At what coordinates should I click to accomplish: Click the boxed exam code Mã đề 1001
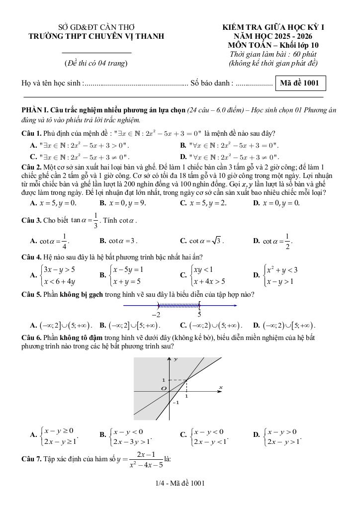click(300, 83)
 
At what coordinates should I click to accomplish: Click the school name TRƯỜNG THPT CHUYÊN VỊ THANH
click(96, 36)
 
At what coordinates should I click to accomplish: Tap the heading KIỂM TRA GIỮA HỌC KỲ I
click(273, 27)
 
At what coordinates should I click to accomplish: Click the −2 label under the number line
click(156, 315)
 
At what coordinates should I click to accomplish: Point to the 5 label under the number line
click(199, 315)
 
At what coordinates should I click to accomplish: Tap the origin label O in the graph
click(162, 388)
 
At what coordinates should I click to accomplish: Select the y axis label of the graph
click(176, 358)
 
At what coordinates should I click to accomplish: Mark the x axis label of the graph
click(220, 387)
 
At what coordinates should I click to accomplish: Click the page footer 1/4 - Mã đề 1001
click(180, 483)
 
